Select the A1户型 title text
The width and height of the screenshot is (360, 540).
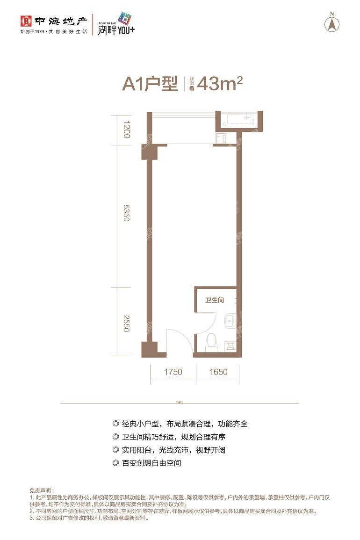[150, 84]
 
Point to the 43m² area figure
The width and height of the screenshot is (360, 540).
[220, 84]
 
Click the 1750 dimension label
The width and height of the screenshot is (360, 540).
[173, 372]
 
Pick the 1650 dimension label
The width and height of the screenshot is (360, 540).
[218, 372]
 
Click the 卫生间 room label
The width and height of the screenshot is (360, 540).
[215, 301]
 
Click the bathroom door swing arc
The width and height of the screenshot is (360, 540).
[206, 323]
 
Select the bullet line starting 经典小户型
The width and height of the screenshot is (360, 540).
[180, 424]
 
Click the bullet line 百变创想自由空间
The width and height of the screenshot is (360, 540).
[147, 463]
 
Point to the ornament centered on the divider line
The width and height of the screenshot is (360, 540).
[180, 403]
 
